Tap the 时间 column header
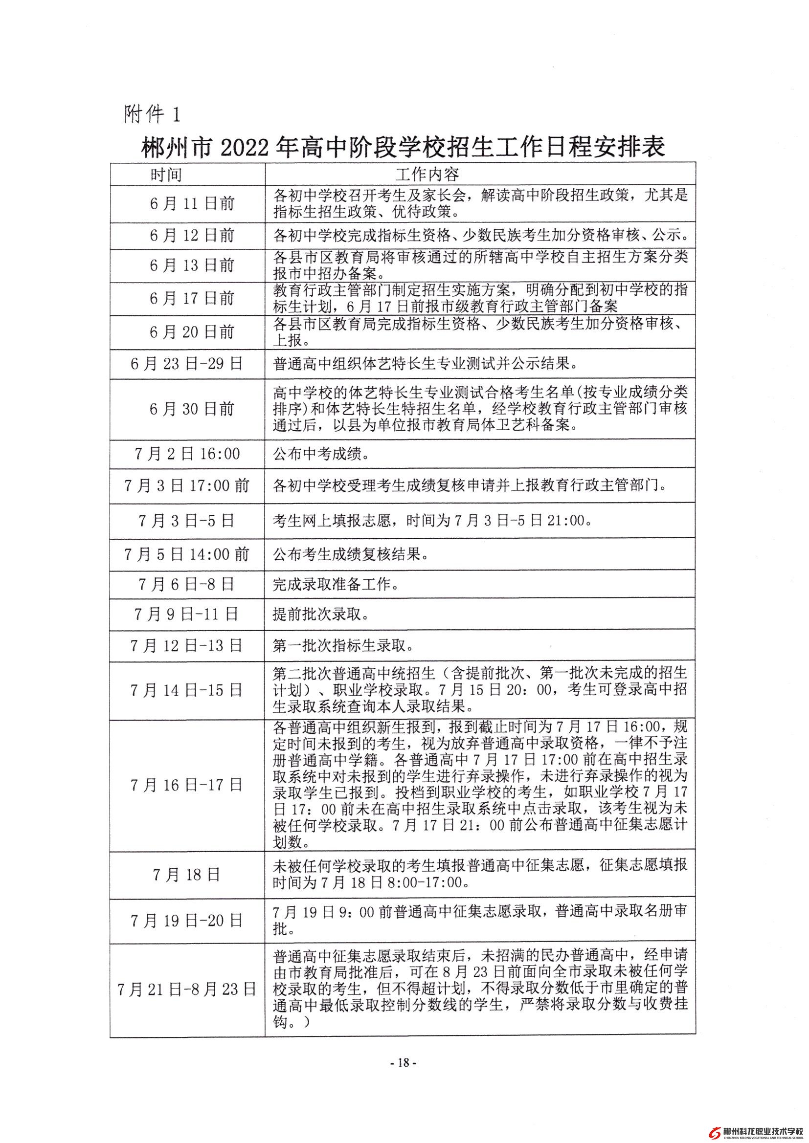pyautogui.click(x=166, y=174)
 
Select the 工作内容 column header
pyautogui.click(x=427, y=174)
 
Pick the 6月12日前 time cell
pyautogui.click(x=192, y=236)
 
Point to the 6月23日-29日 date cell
pyautogui.click(x=186, y=364)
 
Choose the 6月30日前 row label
pyautogui.click(x=192, y=409)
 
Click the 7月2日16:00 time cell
pyautogui.click(x=187, y=454)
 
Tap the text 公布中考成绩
pyautogui.click(x=321, y=455)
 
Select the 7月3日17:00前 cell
pyautogui.click(x=187, y=486)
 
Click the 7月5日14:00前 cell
pyautogui.click(x=187, y=554)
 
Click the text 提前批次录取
pyautogui.click(x=321, y=615)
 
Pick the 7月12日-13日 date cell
pyautogui.click(x=186, y=646)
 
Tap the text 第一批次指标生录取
pyautogui.click(x=343, y=647)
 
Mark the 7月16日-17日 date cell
pyautogui.click(x=186, y=786)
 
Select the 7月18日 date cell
pyautogui.click(x=186, y=875)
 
